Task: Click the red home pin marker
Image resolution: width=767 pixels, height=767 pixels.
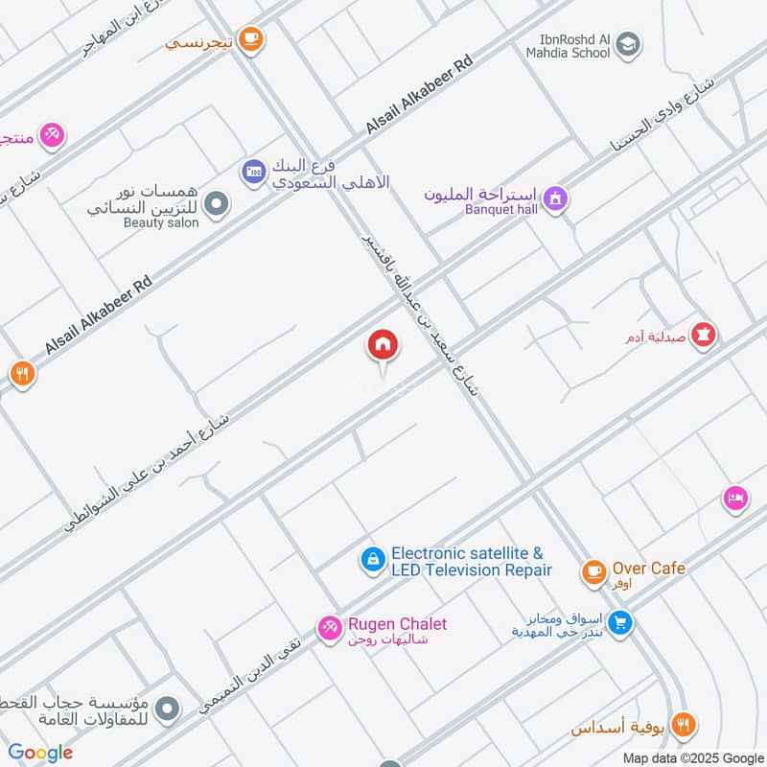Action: pyautogui.click(x=382, y=345)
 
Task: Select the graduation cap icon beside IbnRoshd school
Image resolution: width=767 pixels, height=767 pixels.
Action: pyautogui.click(x=629, y=43)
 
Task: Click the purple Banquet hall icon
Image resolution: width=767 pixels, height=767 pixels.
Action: pyautogui.click(x=555, y=198)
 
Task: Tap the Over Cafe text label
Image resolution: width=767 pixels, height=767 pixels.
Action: pyautogui.click(x=649, y=569)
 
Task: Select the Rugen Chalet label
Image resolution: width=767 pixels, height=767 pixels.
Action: pyautogui.click(x=397, y=624)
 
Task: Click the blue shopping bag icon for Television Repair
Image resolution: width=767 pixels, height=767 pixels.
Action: pyautogui.click(x=372, y=560)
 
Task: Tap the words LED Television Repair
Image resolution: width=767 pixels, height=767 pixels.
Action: pyautogui.click(x=472, y=570)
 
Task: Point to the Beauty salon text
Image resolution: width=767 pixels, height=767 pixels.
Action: pyautogui.click(x=161, y=222)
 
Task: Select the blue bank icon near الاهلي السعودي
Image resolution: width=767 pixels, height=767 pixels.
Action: pyautogui.click(x=253, y=172)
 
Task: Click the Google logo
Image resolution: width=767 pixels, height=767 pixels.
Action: pyautogui.click(x=40, y=753)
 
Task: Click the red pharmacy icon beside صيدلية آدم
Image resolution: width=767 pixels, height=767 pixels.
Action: pyautogui.click(x=707, y=335)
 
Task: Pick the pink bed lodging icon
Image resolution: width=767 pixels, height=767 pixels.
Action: pyautogui.click(x=734, y=499)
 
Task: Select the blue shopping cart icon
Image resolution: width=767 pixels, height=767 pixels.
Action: pyautogui.click(x=620, y=623)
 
